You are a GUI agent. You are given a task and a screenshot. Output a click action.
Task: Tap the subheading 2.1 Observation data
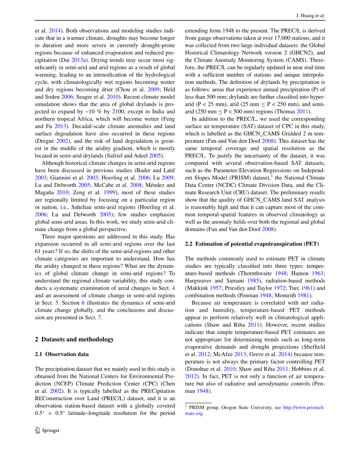point(62,354)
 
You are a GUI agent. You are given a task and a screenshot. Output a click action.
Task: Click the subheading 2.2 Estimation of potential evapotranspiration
point(252,244)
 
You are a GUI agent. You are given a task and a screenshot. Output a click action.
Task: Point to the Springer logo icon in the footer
point(37,430)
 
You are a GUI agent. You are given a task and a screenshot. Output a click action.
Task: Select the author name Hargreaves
point(200,281)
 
